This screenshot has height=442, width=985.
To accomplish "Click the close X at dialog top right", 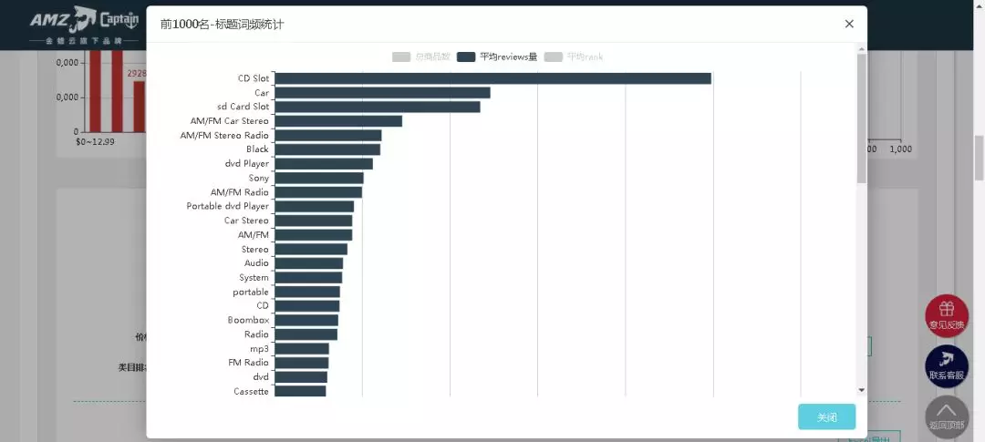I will click(849, 24).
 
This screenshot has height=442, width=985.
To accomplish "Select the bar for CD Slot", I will click(493, 78).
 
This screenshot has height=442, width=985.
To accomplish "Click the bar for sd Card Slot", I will click(378, 107).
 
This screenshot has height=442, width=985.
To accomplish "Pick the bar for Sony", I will click(319, 178).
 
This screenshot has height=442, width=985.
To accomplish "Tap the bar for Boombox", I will click(306, 320).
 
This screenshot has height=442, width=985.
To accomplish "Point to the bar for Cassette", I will click(300, 391).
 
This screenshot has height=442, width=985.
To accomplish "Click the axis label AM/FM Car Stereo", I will click(230, 121).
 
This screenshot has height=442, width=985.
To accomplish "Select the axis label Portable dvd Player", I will click(228, 206).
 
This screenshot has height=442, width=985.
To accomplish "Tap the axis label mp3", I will click(260, 348).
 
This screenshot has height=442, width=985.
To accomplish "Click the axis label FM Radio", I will click(249, 363).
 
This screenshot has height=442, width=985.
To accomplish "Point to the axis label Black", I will click(258, 149).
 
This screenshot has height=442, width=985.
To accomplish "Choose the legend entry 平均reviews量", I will click(498, 57).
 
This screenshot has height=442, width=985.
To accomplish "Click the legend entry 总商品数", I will click(421, 57).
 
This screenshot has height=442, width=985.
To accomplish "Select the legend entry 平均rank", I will click(574, 57).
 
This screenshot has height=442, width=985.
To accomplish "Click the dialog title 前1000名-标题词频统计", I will click(222, 24).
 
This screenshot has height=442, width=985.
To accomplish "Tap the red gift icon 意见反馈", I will click(947, 314).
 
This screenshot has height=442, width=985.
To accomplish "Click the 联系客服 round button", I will click(947, 365).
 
